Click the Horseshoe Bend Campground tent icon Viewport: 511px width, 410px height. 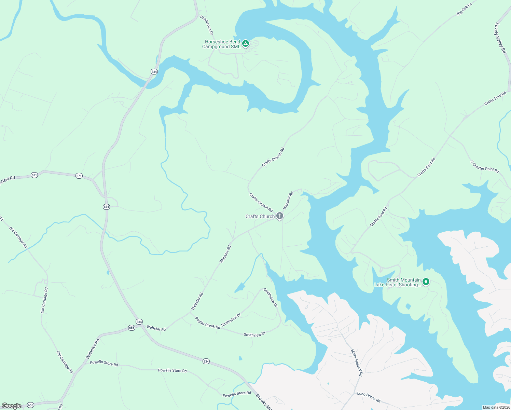tap(245, 44)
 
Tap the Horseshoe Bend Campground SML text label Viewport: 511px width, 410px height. tap(222, 44)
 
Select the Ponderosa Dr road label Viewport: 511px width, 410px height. tap(207, 25)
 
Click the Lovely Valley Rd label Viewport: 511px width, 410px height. tap(500, 38)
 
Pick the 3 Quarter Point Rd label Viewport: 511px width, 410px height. tap(485, 167)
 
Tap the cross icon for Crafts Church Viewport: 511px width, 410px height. tap(279, 216)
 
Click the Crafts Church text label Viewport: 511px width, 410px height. tap(260, 216)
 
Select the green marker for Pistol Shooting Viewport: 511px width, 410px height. tap(426, 282)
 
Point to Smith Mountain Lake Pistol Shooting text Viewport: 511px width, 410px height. tap(398, 282)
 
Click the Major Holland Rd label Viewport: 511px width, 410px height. tap(357, 363)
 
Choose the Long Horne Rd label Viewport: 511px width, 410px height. tap(369, 397)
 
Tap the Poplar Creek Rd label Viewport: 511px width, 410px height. tap(207, 323)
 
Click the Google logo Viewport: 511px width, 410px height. tap(12, 406)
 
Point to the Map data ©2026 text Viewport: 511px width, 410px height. tap(496, 407)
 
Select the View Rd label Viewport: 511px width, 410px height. tap(8, 179)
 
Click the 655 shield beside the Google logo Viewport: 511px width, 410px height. tap(31, 405)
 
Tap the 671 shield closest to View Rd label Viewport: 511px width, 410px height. tap(34, 175)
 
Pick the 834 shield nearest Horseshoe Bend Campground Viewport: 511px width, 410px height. tap(154, 71)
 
